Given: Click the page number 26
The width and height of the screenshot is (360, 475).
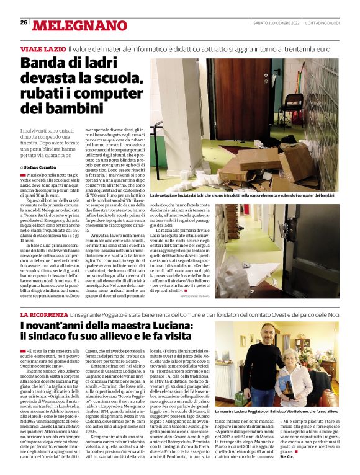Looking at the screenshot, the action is coord(24,22).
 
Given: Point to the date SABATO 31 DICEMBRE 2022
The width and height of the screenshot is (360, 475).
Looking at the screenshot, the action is coord(277,23).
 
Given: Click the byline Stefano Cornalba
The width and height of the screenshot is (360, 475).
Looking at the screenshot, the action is coord(42,167).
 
